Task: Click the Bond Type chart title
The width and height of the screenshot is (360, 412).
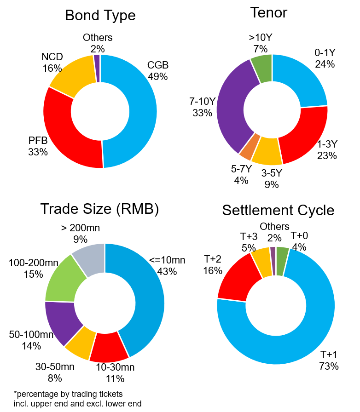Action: (x=100, y=15)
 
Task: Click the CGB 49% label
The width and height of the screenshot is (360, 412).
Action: (x=158, y=70)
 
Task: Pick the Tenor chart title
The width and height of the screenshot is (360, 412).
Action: (x=268, y=12)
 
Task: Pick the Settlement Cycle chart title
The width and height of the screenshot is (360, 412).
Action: (x=278, y=210)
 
